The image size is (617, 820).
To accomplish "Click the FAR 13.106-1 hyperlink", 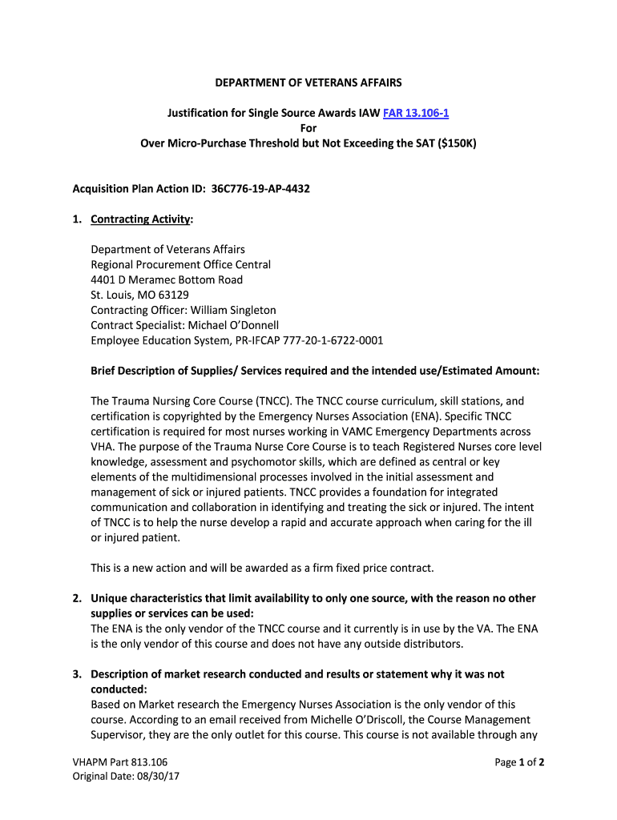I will tap(415, 113).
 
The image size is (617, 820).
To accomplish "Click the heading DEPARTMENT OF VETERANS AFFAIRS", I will tap(308, 82).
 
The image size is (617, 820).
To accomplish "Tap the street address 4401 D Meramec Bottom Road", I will tap(167, 279).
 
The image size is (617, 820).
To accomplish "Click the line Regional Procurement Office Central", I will tap(180, 264).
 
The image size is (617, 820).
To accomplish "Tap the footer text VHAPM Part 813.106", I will tap(120, 762).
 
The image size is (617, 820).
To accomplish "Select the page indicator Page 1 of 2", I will tap(519, 762).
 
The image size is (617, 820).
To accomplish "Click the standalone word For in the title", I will tap(308, 128).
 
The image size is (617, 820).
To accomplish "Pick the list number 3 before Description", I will tap(76, 674).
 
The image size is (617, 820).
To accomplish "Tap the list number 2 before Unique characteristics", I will tap(76, 598).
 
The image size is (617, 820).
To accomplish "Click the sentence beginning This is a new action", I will tap(262, 568).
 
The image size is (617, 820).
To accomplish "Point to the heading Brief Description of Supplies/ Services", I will tap(315, 371).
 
